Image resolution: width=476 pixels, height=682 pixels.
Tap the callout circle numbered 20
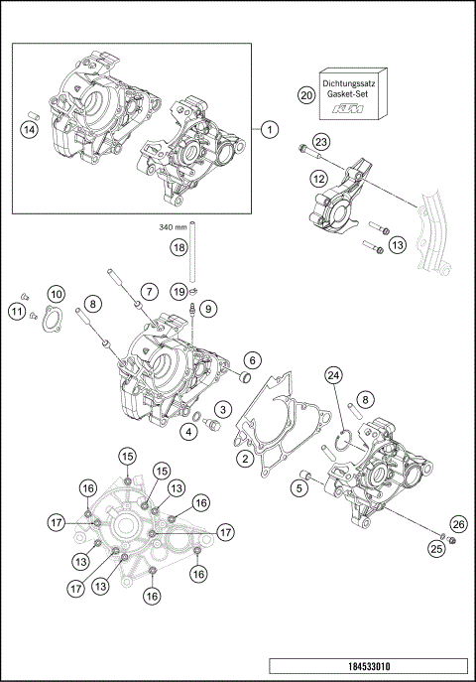click(305, 94)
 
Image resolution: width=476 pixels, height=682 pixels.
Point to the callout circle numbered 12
click(317, 179)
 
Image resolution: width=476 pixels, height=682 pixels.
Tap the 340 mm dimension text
click(174, 227)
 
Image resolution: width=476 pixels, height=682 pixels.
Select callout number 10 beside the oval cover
click(57, 294)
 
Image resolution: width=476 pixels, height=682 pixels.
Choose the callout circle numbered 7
click(147, 291)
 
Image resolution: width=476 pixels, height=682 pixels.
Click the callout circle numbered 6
click(253, 359)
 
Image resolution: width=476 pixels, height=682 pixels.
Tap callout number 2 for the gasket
click(243, 458)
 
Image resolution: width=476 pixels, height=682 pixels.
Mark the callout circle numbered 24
click(333, 374)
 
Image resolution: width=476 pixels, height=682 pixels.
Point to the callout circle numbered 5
click(297, 486)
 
